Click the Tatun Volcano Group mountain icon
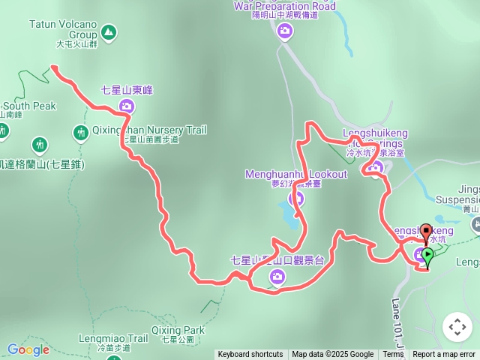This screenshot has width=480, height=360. (109, 32)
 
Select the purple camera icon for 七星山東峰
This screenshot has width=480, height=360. (126, 106)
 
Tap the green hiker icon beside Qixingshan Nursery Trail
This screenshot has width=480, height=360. (81, 133)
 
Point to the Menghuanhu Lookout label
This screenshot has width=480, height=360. (296, 175)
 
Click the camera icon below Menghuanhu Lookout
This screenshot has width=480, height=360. (295, 199)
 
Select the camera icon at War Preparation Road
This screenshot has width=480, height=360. (285, 31)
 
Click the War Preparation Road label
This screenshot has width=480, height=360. (284, 6)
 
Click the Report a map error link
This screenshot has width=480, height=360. (444, 355)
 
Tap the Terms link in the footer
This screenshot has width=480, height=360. (393, 355)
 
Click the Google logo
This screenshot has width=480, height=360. (28, 349)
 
